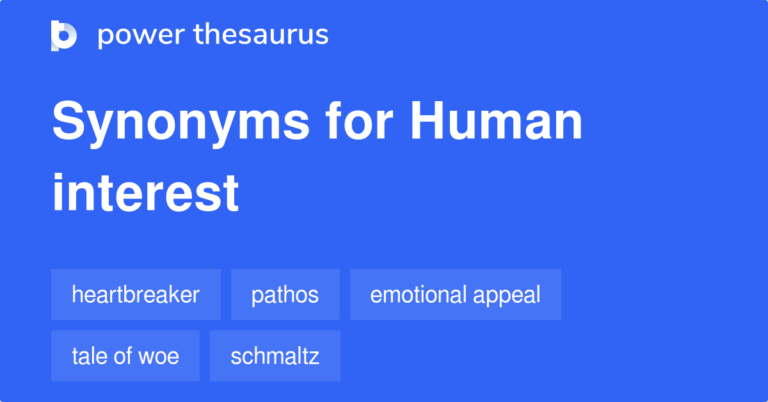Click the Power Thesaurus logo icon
click(64, 35)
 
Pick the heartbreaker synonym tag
click(136, 295)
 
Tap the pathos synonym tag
click(285, 295)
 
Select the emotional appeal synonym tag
click(455, 295)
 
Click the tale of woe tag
click(125, 356)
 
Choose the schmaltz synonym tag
click(275, 356)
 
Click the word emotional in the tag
click(419, 295)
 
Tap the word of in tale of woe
click(126, 356)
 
